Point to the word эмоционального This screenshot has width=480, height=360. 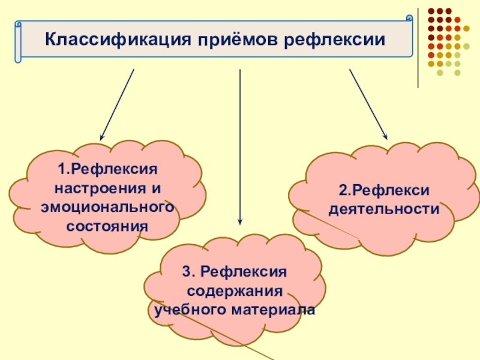(x=107, y=207)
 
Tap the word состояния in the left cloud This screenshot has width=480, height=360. (x=107, y=226)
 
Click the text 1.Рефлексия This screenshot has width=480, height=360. (x=107, y=169)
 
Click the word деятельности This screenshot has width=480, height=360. (x=383, y=210)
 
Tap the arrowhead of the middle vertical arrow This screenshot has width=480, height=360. (x=240, y=221)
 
